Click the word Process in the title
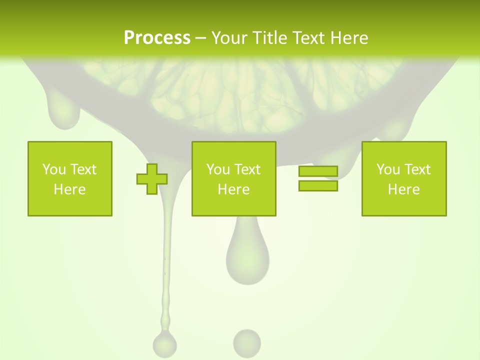point(157,38)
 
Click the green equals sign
point(318,178)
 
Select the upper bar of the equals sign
point(318,171)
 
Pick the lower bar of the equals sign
point(318,185)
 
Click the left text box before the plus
point(70,178)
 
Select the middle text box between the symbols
point(233,178)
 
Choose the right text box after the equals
point(404,178)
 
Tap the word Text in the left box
point(83,169)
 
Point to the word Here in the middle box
point(233,189)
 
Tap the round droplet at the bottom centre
point(247,343)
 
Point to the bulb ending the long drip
point(164,344)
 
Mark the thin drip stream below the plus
point(167,260)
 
